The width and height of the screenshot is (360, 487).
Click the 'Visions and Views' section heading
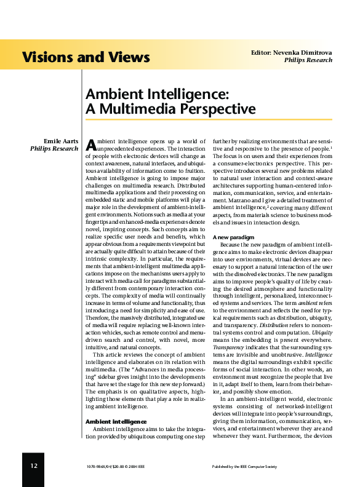[x=86, y=58]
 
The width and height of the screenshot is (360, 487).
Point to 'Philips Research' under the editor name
[x=308, y=60]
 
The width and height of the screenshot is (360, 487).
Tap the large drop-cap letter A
[x=90, y=145]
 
